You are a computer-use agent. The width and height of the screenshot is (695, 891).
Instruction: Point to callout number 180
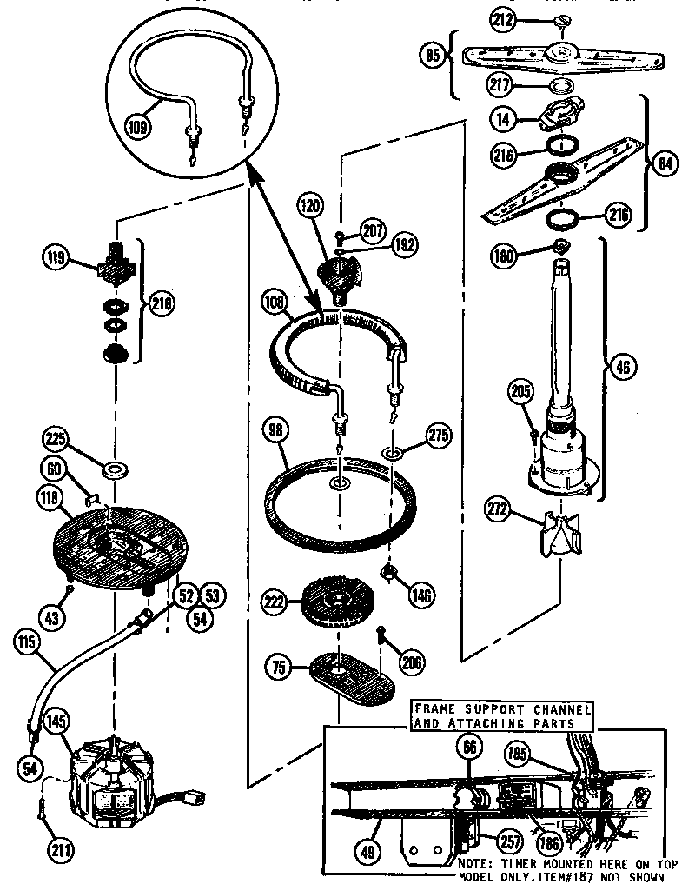coord(504,256)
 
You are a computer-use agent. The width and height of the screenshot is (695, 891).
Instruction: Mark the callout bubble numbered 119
coord(56,257)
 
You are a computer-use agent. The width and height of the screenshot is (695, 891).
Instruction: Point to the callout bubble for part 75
coord(278,669)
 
